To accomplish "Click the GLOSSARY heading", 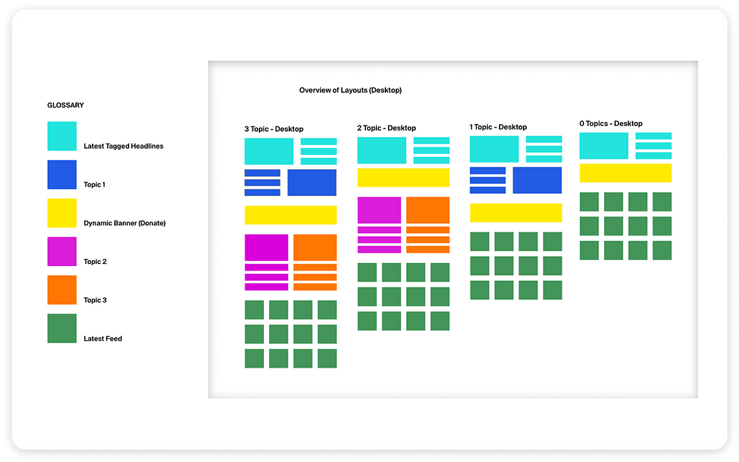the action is click(66, 105).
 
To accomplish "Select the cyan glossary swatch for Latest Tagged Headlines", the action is click(62, 136).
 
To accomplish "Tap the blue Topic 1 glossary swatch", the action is click(62, 175).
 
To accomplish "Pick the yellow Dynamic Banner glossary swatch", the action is click(62, 213).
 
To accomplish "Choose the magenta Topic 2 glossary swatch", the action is click(62, 251).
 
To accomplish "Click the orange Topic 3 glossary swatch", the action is click(62, 290).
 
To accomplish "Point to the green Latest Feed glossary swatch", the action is click(62, 328).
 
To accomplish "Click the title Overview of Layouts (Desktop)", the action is click(350, 90).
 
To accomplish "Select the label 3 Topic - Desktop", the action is click(274, 128).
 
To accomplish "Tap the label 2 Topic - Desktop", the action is click(387, 128).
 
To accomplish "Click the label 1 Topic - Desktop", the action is click(498, 127).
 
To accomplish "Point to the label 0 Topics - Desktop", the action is click(611, 123).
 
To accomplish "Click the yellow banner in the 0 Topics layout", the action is click(625, 173).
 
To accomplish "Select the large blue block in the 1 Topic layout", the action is click(537, 180).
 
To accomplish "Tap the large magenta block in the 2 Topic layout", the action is click(380, 210).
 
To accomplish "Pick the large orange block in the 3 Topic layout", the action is click(315, 247).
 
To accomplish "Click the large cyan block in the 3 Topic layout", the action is click(269, 151).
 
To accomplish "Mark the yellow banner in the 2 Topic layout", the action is click(404, 178).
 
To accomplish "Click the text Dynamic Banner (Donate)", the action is click(125, 223).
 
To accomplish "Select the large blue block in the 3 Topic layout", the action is click(312, 182).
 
